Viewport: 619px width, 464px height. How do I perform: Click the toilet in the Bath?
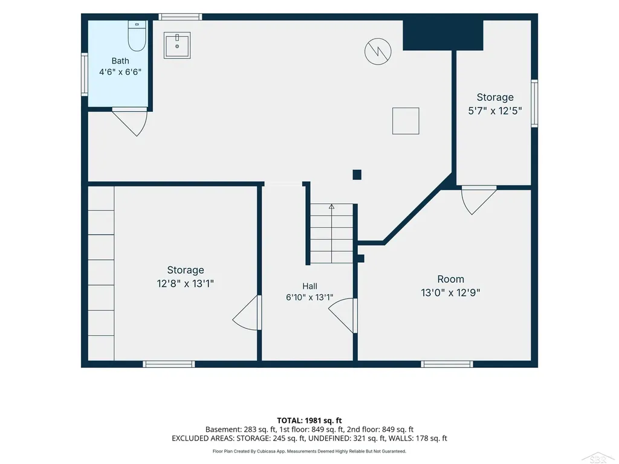tap(137, 36)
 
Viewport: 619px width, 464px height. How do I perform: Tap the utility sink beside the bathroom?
tap(177, 45)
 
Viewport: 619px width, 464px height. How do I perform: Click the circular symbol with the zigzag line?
tap(378, 51)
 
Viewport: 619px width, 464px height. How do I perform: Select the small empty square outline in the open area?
tap(406, 121)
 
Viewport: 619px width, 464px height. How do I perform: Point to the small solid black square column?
tap(357, 175)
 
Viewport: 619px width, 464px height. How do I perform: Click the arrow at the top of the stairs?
tap(332, 207)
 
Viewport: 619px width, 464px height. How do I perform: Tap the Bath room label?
tap(120, 61)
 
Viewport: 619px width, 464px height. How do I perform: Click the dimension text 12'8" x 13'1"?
tap(185, 283)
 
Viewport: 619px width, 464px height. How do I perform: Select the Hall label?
tap(310, 286)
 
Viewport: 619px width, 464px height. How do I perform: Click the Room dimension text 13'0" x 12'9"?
tap(450, 293)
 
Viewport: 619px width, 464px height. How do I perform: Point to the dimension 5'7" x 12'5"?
tap(495, 111)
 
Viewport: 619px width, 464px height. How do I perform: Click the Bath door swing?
tap(130, 122)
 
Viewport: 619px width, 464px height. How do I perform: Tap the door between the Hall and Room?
tap(343, 315)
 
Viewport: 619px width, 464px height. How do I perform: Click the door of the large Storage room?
tap(247, 312)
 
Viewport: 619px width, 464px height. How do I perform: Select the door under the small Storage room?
tap(479, 200)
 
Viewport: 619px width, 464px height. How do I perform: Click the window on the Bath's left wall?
tap(85, 74)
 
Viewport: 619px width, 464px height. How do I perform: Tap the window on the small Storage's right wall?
tap(534, 103)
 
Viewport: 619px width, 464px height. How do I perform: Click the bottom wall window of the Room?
tap(447, 364)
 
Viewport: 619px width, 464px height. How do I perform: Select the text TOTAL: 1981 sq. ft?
tap(309, 420)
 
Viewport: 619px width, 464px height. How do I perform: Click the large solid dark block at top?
tap(443, 35)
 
